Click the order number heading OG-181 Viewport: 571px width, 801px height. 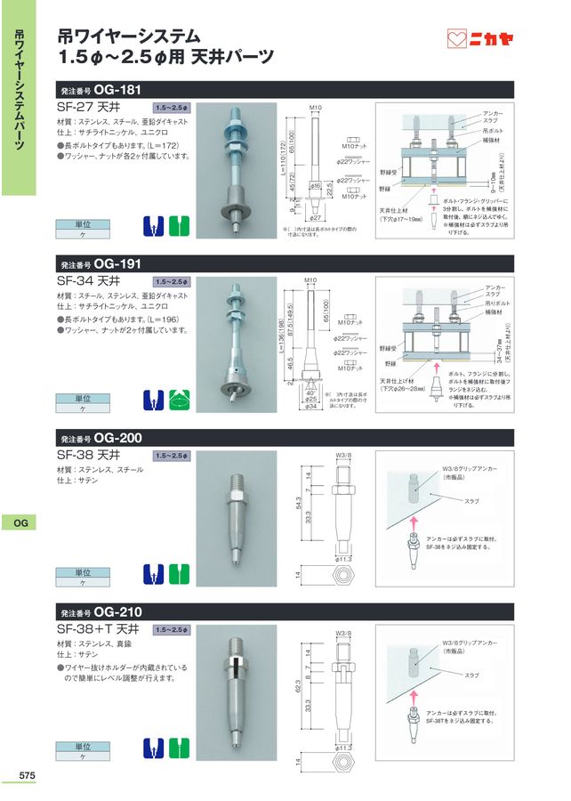101,90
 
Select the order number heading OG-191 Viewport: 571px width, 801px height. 101,264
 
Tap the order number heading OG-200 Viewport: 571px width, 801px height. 101,439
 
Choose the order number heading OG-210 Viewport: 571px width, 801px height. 101,613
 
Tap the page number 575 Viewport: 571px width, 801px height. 27,776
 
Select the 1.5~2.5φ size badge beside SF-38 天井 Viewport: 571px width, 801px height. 172,456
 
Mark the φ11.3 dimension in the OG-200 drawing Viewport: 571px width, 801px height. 346,559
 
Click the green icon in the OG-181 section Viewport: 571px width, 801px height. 181,225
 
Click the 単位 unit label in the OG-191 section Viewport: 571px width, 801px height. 82,399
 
